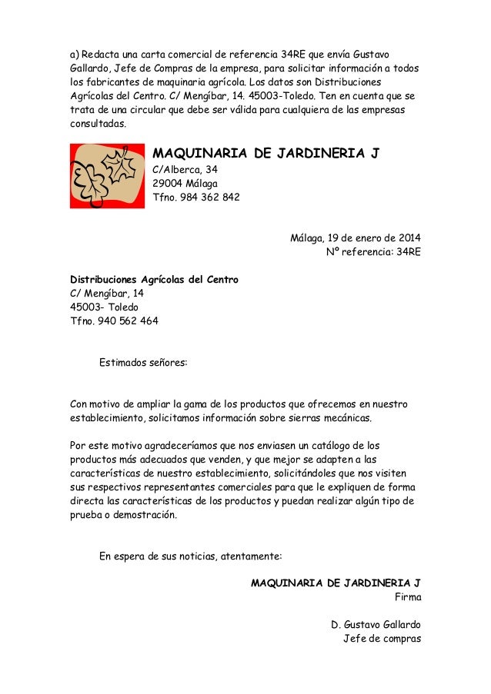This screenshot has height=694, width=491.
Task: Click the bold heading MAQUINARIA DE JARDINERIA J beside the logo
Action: pyautogui.click(x=266, y=153)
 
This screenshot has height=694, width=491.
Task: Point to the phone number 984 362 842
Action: pyautogui.click(x=209, y=198)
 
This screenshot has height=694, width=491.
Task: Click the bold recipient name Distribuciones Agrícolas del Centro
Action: pyautogui.click(x=154, y=279)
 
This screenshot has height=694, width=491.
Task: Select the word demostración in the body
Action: pyautogui.click(x=139, y=516)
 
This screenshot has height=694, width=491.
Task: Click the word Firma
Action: pyautogui.click(x=407, y=595)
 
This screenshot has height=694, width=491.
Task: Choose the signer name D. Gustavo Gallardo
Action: pyautogui.click(x=375, y=623)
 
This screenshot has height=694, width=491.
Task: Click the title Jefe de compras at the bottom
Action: pyautogui.click(x=381, y=637)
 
